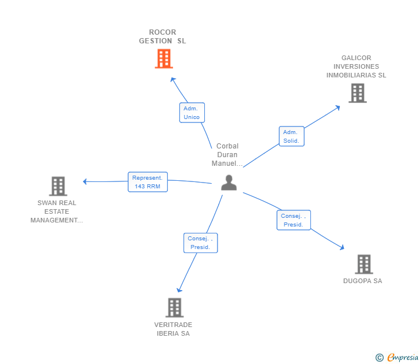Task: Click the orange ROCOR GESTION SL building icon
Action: point(164,58)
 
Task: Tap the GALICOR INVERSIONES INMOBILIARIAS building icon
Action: point(357,93)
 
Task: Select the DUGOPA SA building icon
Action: point(363,264)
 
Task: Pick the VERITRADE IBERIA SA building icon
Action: point(174,307)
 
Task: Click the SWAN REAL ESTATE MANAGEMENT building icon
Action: point(58,186)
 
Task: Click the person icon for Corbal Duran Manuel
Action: point(229,183)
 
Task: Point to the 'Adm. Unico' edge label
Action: point(192,113)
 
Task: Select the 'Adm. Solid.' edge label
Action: point(291,136)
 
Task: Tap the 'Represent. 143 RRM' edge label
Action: point(147,182)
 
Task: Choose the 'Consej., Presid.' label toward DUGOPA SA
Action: point(293,220)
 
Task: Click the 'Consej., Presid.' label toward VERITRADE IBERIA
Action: point(200,243)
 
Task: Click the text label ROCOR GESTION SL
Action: point(163,36)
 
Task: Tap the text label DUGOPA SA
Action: point(362,281)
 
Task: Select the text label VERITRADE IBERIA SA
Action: point(173,329)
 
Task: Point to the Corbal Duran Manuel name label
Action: point(227,155)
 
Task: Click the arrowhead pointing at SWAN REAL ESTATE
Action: point(85,181)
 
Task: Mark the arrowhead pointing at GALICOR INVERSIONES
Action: point(339,107)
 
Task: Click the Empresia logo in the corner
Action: point(403,358)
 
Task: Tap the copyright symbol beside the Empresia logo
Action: point(380,358)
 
